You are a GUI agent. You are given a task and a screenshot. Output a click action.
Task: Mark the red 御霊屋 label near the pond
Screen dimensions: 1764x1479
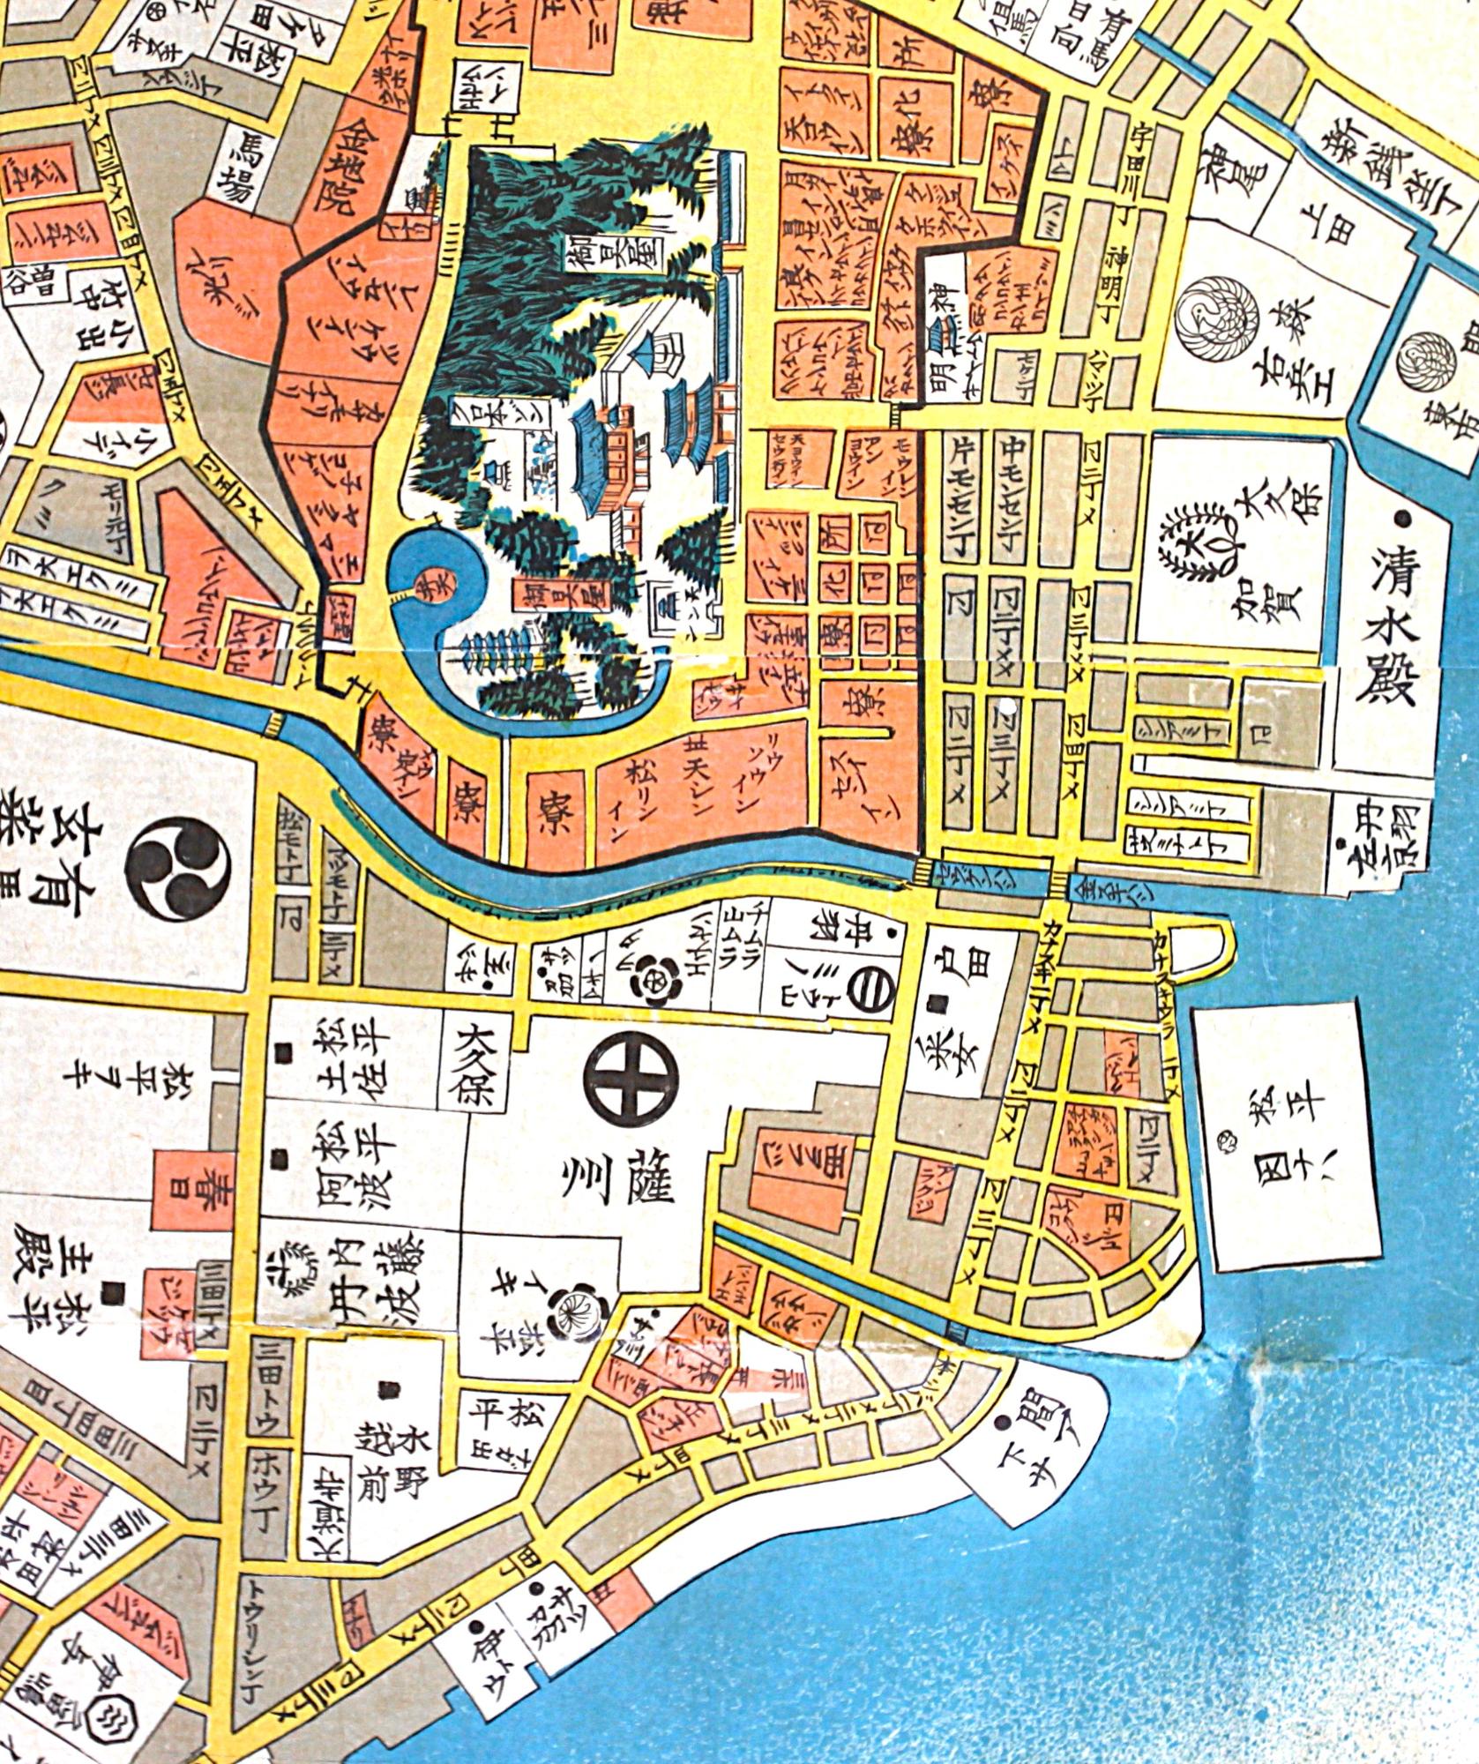[535, 600]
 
